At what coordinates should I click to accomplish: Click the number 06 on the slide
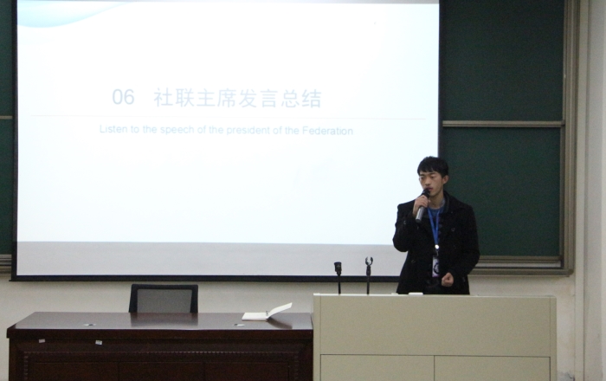123,98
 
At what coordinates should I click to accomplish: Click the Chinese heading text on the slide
237,99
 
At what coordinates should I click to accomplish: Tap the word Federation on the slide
329,131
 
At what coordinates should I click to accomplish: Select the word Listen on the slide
113,131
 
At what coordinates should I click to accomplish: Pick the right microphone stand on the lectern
368,274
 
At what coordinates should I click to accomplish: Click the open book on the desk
267,313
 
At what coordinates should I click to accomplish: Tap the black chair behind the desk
163,298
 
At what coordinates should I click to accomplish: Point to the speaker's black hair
433,164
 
